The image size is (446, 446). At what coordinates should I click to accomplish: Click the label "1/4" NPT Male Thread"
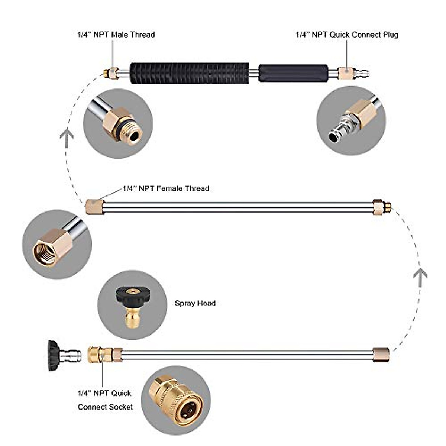point(116,35)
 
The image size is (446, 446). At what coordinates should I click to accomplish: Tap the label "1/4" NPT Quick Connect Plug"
point(347,35)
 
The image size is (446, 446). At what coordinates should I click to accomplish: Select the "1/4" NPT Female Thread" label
point(166,188)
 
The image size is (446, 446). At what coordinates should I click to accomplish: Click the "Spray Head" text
point(195,303)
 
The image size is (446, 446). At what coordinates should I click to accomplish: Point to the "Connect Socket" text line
point(105,407)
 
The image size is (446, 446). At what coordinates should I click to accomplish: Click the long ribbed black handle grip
point(189,73)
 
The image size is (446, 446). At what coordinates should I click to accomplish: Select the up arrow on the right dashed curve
point(420,275)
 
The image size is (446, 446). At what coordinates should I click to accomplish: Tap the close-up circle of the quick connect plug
point(351,121)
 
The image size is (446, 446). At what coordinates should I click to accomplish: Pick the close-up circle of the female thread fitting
point(57,244)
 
